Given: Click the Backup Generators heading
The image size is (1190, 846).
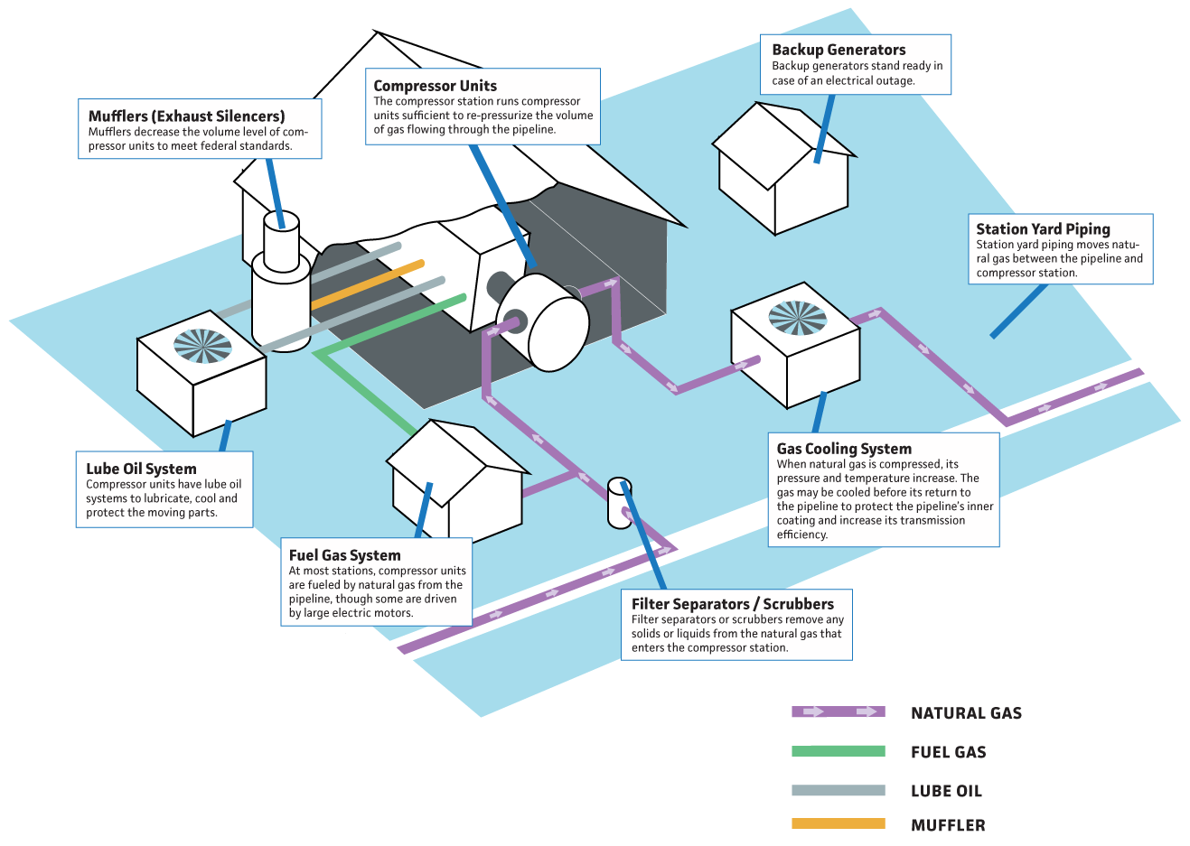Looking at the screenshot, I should (839, 50).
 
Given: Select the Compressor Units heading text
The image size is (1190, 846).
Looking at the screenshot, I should (435, 86).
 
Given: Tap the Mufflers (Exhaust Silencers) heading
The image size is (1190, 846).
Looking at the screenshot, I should (186, 116).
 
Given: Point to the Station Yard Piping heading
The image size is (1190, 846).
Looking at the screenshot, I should (1043, 229).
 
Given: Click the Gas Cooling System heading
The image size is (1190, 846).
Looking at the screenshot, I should (844, 449).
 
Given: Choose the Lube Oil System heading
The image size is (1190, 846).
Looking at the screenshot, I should (141, 469).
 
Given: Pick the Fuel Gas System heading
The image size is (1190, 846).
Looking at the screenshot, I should (344, 555).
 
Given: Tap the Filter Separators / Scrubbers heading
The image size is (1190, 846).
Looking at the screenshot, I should (732, 604).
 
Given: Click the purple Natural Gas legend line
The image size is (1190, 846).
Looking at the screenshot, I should (838, 711).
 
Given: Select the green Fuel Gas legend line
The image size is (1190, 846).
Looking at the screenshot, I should (838, 751).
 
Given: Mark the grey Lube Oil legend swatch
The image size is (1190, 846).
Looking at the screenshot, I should (838, 790).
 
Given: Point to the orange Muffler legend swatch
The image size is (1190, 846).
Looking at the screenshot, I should (838, 823).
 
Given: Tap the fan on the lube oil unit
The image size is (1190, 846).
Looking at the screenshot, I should (202, 346).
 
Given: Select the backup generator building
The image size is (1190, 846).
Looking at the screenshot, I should (782, 176).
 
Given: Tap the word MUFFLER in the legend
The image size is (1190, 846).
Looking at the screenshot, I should (948, 825).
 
